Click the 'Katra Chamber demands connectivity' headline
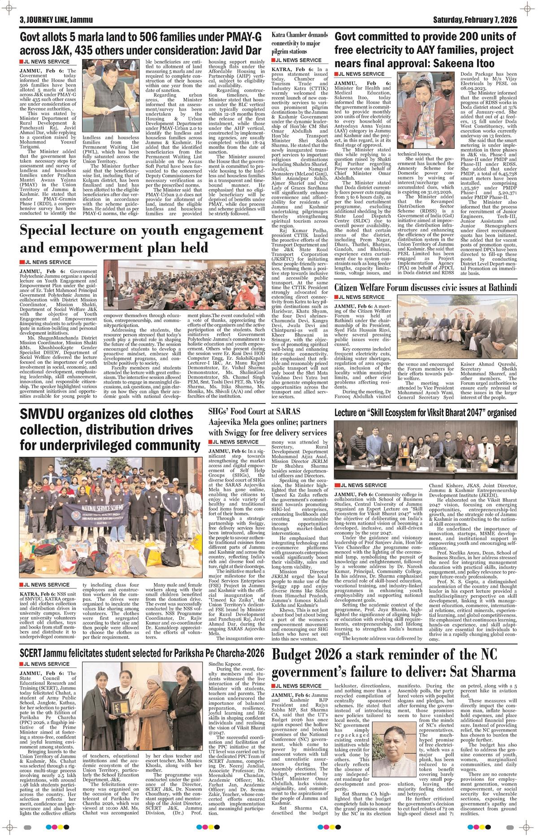tap(299, 43)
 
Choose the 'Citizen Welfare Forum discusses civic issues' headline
tap(426, 287)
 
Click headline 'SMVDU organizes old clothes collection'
tap(110, 429)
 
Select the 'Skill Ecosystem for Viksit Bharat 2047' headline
tap(426, 412)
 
